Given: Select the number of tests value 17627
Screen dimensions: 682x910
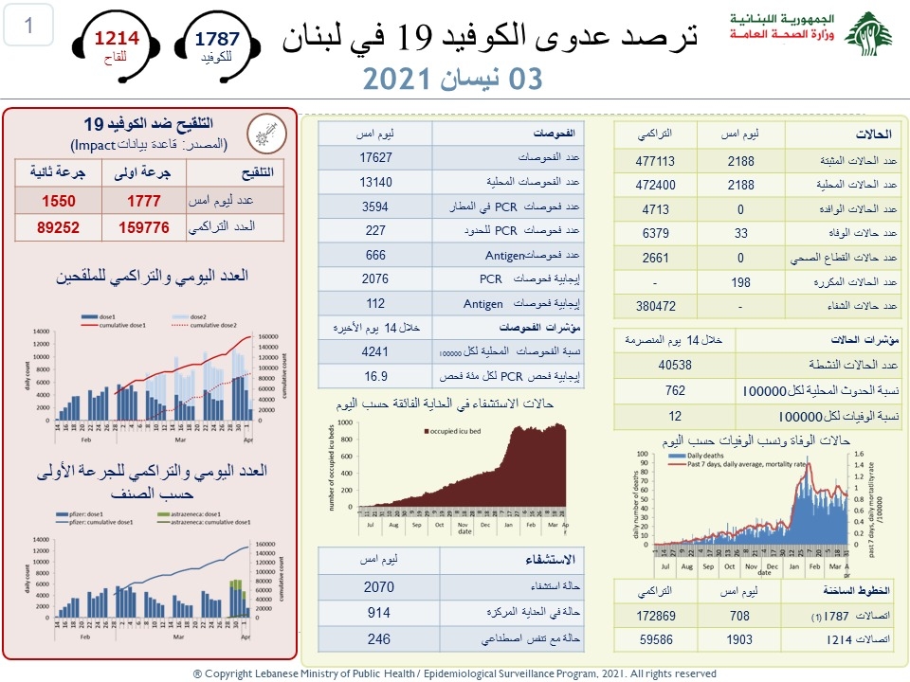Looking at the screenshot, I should (x=376, y=157).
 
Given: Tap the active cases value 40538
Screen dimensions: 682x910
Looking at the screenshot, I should (x=675, y=365).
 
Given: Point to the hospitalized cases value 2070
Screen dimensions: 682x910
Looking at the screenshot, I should (x=378, y=587).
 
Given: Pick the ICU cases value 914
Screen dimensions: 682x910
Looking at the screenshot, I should (x=378, y=613).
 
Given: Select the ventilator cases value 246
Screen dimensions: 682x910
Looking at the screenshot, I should (x=378, y=639).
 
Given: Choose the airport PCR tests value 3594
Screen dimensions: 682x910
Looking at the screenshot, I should (x=376, y=206).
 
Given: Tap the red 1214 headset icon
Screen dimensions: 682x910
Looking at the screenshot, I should (x=117, y=45).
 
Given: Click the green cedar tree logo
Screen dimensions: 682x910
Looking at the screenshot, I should (x=868, y=35).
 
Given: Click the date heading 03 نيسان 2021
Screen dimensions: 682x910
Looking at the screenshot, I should (x=454, y=79).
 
